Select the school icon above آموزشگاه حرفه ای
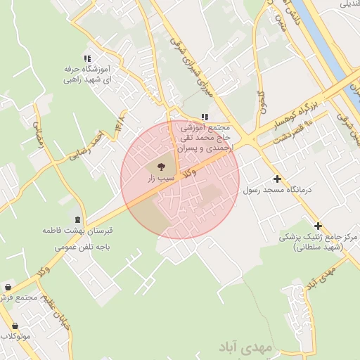click(86, 59)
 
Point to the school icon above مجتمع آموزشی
click(205, 117)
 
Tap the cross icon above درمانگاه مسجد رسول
click(277, 179)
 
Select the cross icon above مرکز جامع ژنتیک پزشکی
click(319, 226)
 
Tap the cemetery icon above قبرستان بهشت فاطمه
click(76, 219)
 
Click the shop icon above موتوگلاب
click(15, 326)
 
